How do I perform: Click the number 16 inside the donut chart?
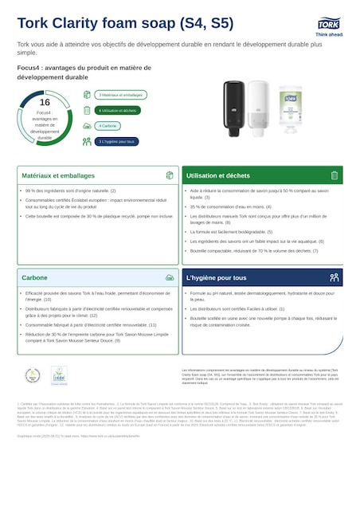45,102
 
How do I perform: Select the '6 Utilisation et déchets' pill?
118,110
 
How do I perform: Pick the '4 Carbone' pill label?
109,126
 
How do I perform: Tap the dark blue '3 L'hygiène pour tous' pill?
116,141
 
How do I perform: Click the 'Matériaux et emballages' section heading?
58,175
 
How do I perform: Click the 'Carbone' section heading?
34,278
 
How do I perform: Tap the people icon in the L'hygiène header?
334,278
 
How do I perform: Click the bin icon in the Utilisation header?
334,175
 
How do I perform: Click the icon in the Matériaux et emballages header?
169,175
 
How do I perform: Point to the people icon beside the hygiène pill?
87,141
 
